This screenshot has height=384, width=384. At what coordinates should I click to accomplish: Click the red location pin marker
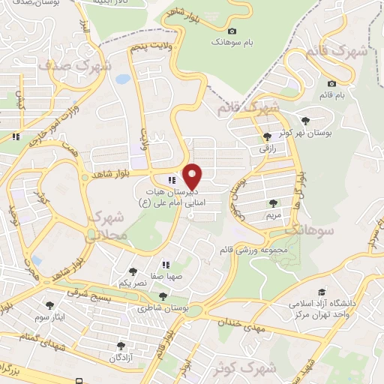193,177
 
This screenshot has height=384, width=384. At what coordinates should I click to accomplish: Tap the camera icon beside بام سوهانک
232,31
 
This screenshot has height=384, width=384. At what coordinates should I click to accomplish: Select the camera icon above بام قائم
332,84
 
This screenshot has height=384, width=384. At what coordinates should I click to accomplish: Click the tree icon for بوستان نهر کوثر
304,120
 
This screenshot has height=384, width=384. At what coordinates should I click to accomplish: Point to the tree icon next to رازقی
268,136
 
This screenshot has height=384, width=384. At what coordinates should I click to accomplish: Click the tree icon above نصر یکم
133,271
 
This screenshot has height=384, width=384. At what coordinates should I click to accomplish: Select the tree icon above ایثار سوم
50,304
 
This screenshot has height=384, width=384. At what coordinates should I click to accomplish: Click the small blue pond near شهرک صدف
123,77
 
